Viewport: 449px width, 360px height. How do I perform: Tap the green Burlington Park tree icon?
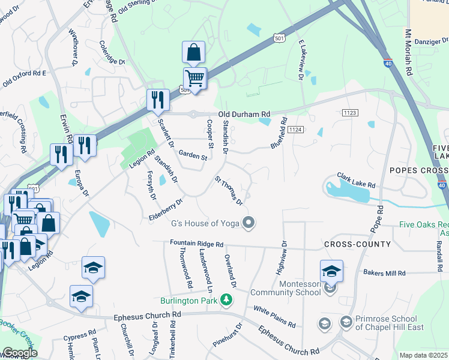[x=226, y=299]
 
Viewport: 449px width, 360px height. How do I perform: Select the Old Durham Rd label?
[x=244, y=114]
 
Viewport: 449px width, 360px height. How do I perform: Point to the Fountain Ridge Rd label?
[x=196, y=245]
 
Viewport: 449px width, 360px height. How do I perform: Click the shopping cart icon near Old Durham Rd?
[x=194, y=78]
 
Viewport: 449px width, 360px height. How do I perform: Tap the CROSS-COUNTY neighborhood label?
[x=357, y=244]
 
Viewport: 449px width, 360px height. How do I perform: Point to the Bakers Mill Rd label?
[x=385, y=272]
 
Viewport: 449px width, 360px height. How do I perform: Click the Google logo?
[x=20, y=353]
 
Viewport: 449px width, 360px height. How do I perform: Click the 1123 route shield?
[x=351, y=112]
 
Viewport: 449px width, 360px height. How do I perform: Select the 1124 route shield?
[x=295, y=130]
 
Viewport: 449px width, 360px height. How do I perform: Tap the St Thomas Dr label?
[x=229, y=190]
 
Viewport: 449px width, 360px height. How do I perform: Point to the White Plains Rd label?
[x=274, y=317]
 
